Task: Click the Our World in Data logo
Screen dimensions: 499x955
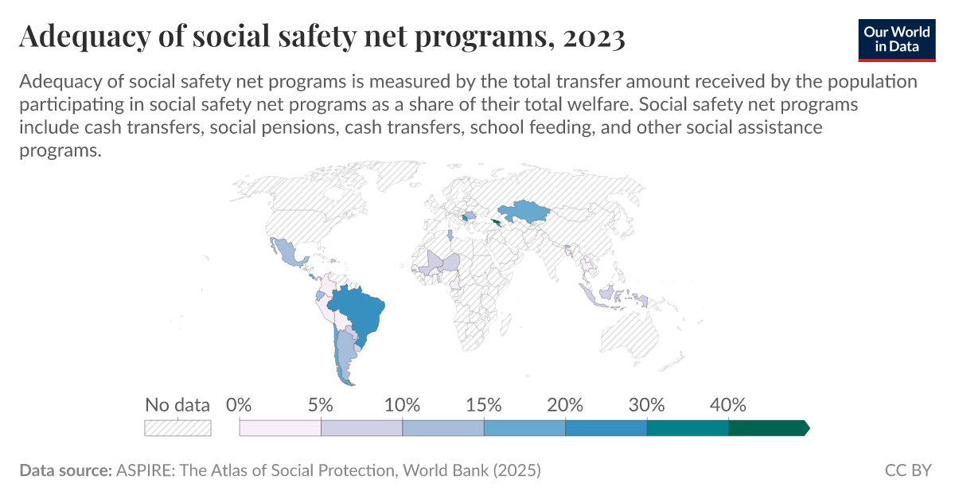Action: pyautogui.click(x=896, y=38)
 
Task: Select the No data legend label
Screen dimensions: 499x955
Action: pyautogui.click(x=177, y=404)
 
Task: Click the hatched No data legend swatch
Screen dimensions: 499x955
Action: pyautogui.click(x=177, y=428)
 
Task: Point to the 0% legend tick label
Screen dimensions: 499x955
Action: pyautogui.click(x=239, y=404)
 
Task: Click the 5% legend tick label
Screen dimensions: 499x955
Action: pyautogui.click(x=321, y=404)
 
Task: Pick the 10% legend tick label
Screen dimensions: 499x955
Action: pyautogui.click(x=402, y=404)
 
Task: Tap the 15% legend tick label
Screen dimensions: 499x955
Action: pyautogui.click(x=484, y=404)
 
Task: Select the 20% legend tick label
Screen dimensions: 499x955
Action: pyautogui.click(x=565, y=404)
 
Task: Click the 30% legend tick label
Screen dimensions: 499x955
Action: pyautogui.click(x=647, y=404)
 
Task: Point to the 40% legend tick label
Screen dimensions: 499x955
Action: pyautogui.click(x=728, y=404)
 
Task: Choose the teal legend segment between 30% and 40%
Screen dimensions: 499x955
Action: pyautogui.click(x=688, y=428)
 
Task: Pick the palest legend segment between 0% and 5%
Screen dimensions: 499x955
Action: pyautogui.click(x=280, y=428)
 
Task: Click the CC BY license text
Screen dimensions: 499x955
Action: pyautogui.click(x=908, y=470)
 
